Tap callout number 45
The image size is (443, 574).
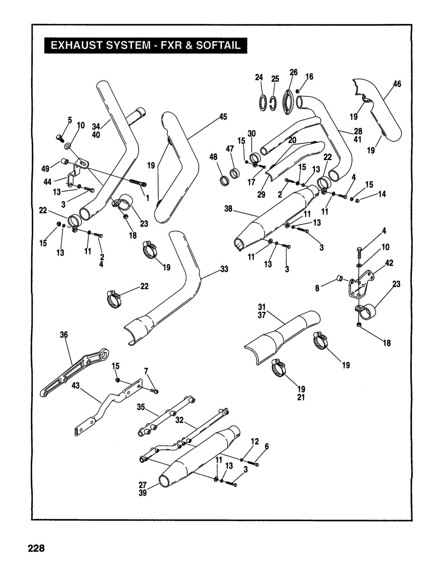coord(223,117)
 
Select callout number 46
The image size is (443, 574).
coord(397,84)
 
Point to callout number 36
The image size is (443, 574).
coord(64,335)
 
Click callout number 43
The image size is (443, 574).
coord(76,386)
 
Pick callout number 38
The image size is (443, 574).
coord(228,209)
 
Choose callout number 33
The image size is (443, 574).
coord(224,269)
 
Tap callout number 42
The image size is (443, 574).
coord(389,263)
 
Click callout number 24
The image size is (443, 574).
coord(259,77)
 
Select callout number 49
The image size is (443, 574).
coord(45,168)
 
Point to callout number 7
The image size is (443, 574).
coord(146,371)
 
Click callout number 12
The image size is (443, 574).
coord(255,441)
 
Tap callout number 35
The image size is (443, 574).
coord(141,407)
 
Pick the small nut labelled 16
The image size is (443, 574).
coord(297,91)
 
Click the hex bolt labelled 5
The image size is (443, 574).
coord(59,137)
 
